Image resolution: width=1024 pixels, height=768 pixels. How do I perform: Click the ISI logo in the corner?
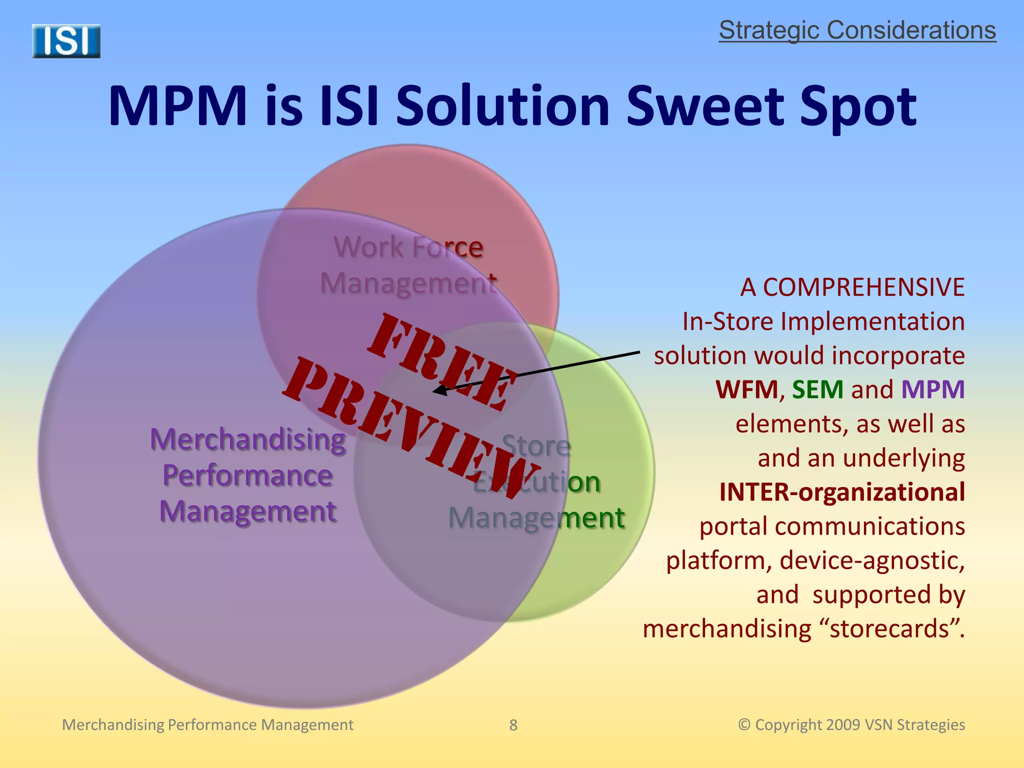[x=66, y=41]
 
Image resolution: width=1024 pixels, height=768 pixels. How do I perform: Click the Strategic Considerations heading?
[x=857, y=30]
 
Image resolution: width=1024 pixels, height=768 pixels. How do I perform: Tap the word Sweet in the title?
[x=705, y=106]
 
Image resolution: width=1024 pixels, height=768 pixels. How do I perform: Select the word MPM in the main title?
[x=178, y=106]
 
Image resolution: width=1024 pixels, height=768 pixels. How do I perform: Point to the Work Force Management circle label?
[x=408, y=265]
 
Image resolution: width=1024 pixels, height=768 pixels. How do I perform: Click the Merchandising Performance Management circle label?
[x=248, y=475]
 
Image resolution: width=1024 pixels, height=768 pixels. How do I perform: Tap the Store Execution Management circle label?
[x=536, y=481]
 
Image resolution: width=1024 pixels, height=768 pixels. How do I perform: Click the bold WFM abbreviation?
[x=747, y=389]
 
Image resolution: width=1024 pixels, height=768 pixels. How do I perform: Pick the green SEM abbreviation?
[x=817, y=389]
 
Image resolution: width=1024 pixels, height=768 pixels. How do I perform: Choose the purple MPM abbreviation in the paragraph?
[x=932, y=389]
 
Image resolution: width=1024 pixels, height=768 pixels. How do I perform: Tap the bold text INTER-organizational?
[x=842, y=492]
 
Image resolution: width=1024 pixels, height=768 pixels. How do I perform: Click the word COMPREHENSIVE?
[x=863, y=287]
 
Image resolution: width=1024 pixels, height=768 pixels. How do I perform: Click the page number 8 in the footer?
[x=513, y=725]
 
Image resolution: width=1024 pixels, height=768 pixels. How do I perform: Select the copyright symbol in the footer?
[x=744, y=724]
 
